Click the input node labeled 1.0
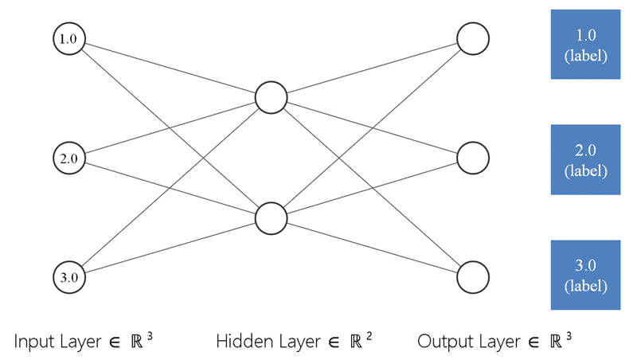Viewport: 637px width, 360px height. coord(69,38)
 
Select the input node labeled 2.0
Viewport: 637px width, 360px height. coord(69,158)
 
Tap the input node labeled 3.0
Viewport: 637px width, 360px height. coord(69,277)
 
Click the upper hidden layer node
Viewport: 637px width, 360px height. coord(271,98)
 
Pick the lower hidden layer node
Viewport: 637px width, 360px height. coord(271,217)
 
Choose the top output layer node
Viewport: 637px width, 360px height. coord(472,38)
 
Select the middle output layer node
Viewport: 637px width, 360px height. coord(472,158)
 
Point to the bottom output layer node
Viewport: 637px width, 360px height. coord(472,277)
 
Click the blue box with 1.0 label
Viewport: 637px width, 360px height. coord(585,45)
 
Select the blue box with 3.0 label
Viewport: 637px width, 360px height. coord(585,275)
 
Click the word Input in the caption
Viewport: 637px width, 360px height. coord(33,342)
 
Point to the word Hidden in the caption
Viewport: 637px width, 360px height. coord(240,342)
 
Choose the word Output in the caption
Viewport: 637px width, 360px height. coord(442,342)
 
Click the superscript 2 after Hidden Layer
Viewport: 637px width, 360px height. coord(369,336)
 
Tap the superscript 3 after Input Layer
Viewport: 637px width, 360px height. coord(150,336)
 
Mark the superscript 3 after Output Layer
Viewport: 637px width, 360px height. coord(569,336)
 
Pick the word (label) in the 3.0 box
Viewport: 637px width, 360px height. coord(585,285)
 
